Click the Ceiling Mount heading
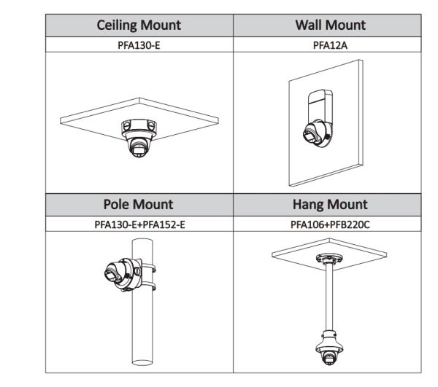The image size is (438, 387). click(139, 26)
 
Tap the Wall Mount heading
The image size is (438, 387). click(330, 26)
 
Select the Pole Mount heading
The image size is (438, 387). click(139, 205)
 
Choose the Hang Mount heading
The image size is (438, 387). click(330, 205)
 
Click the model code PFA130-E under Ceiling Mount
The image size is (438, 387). click(139, 44)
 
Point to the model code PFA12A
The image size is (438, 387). click(330, 44)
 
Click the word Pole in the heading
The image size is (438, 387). click(119, 205)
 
